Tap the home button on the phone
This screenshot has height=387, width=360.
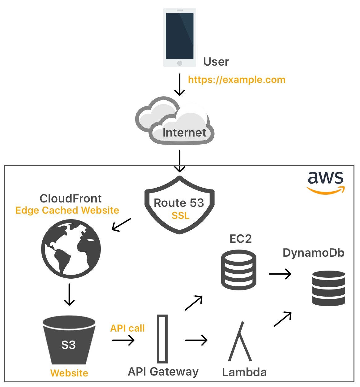[179, 63]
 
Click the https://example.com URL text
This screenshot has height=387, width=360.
[237, 80]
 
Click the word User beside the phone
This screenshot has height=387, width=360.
[216, 62]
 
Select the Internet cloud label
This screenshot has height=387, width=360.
[184, 133]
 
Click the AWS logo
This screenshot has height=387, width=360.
[326, 183]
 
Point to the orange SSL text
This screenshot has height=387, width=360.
[181, 215]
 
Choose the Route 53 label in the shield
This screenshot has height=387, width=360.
[179, 203]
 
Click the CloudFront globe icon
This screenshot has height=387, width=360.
[71, 249]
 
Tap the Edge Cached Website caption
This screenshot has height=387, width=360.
[67, 210]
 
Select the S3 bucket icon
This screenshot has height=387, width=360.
[69, 340]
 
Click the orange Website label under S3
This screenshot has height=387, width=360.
[69, 373]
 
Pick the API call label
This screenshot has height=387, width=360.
[127, 328]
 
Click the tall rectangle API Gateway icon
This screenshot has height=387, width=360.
[162, 339]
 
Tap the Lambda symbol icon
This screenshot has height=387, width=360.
[240, 341]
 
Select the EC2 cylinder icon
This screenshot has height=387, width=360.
[238, 270]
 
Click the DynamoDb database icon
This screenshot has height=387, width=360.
[328, 288]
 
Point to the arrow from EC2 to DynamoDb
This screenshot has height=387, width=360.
[280, 274]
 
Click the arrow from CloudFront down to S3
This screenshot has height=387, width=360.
[69, 294]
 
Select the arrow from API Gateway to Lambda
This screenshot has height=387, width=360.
[196, 340]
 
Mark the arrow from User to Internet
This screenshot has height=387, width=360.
[179, 85]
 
